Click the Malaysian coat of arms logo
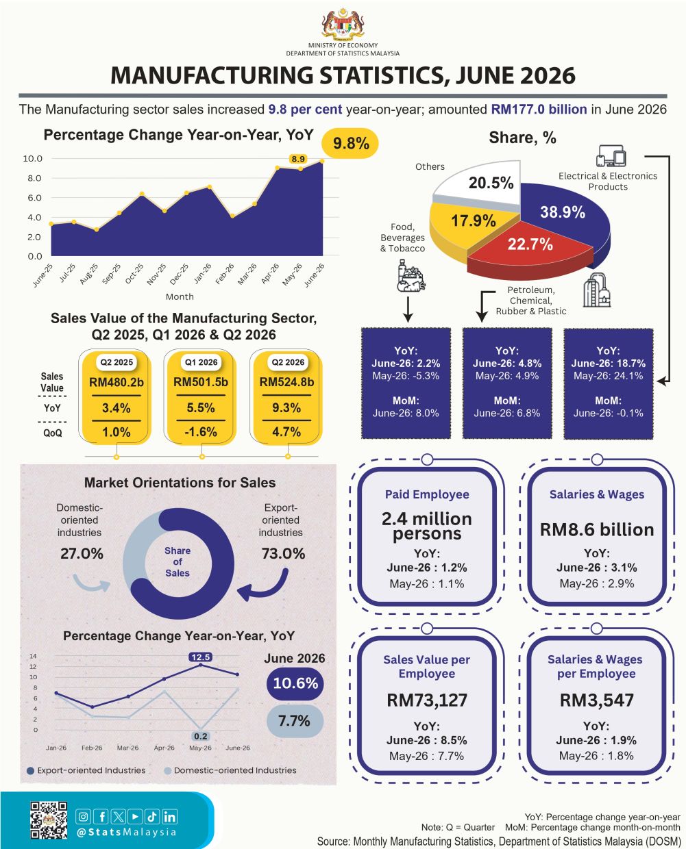coord(343,24)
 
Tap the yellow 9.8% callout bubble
coord(350,144)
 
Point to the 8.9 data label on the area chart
coord(298,159)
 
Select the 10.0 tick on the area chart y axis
coord(33,159)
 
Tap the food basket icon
coord(411,276)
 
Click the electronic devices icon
coord(611,156)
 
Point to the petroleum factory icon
coord(597,290)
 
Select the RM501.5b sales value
coord(201,382)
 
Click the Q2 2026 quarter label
coord(288,362)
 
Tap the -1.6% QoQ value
coord(201,431)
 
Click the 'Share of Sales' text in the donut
coord(177,561)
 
